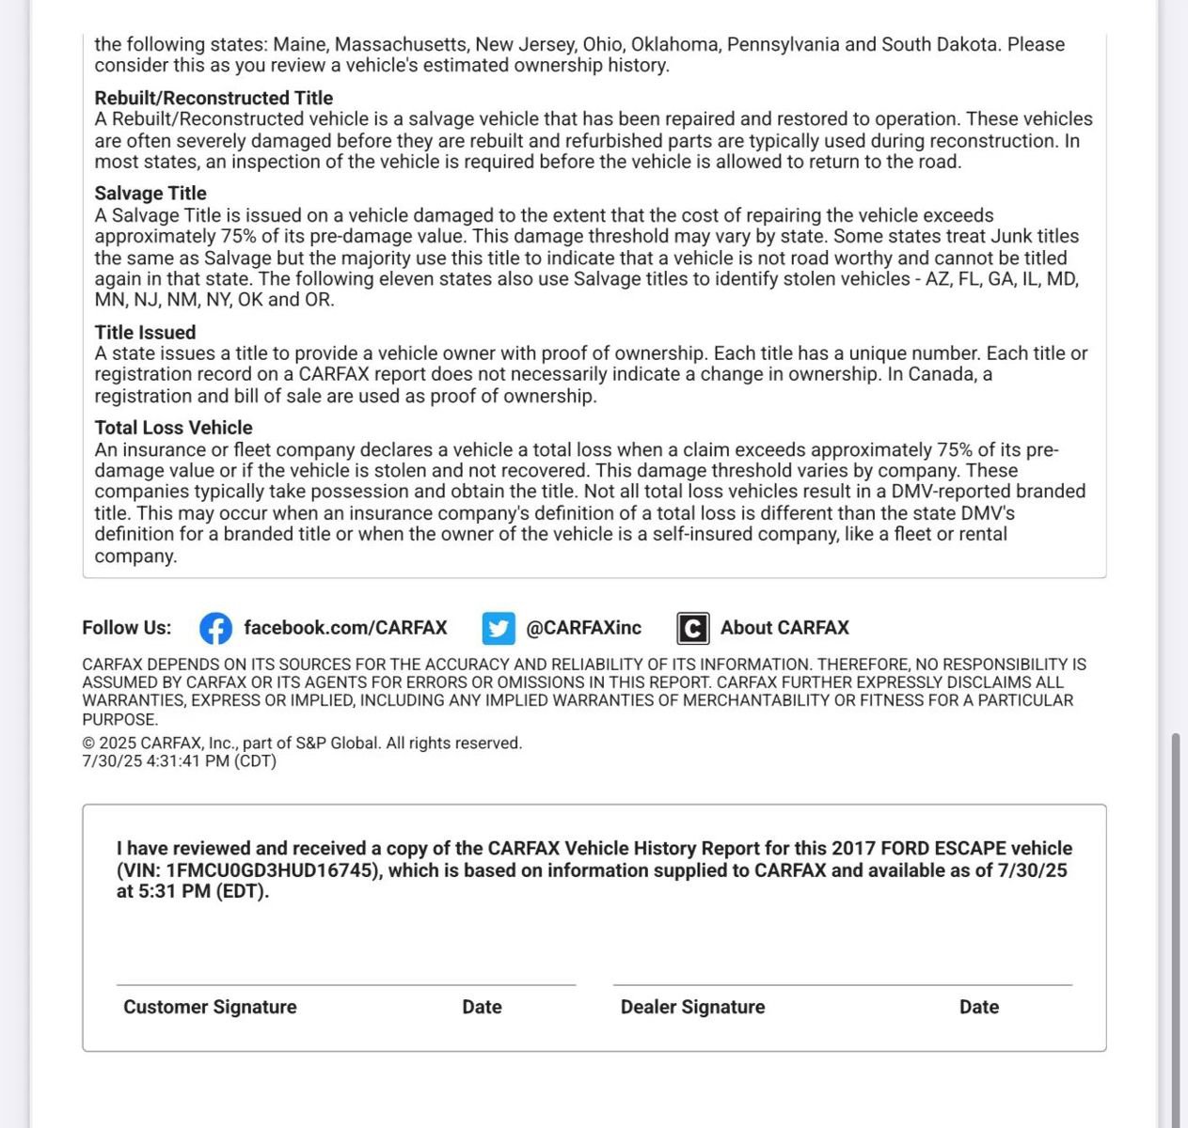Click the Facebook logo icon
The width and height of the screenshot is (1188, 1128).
215,628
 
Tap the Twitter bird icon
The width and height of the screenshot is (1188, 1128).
499,628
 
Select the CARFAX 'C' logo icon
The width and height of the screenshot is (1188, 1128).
692,628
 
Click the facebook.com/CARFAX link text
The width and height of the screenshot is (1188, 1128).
345,628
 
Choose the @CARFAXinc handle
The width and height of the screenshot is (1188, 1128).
583,628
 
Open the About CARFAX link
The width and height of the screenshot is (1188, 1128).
784,628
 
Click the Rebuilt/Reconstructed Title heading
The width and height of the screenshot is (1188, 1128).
214,98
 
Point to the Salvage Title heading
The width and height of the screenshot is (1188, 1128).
150,194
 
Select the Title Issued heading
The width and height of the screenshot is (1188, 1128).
145,333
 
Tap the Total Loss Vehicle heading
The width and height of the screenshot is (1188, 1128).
173,428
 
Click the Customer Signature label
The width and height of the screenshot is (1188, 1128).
210,1007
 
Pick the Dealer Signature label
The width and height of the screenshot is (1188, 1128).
692,1007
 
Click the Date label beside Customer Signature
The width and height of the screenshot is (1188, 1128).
482,1007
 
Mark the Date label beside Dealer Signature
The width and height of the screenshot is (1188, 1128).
978,1007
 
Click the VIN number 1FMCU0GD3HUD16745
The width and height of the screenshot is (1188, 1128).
273,870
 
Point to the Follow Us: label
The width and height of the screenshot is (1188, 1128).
127,628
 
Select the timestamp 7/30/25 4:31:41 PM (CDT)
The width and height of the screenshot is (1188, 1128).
179,761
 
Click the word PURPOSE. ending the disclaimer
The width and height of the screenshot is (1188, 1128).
119,720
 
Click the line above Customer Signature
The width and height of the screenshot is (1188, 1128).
345,984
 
